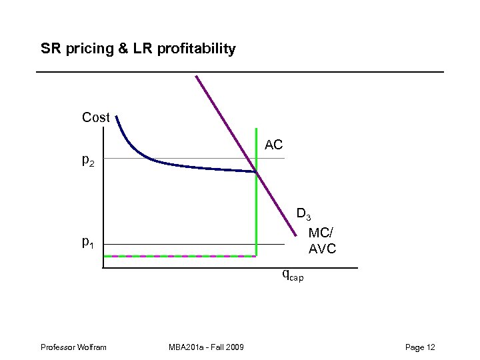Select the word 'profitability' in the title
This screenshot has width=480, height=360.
197,49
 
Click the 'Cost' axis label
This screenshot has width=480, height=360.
95,117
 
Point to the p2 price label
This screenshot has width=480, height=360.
88,160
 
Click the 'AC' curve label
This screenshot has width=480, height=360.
273,145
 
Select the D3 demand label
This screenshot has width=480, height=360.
303,215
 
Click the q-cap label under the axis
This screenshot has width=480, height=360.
292,274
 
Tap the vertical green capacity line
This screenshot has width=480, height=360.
256,213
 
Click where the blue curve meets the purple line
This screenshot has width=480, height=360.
256,173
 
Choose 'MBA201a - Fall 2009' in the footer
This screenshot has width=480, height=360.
207,347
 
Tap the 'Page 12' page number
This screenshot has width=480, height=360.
420,347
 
